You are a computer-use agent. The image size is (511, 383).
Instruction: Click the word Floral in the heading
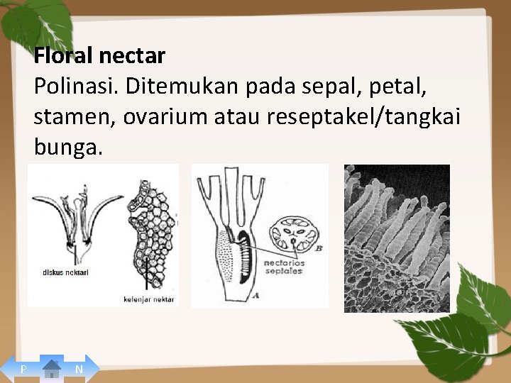63,55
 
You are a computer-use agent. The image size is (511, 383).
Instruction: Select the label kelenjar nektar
148,299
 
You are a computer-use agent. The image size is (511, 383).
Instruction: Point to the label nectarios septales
284,267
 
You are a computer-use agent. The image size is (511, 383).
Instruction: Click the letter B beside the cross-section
318,248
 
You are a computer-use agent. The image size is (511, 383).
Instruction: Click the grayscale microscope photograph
397,238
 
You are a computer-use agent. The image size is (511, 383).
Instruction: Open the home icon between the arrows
51,368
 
